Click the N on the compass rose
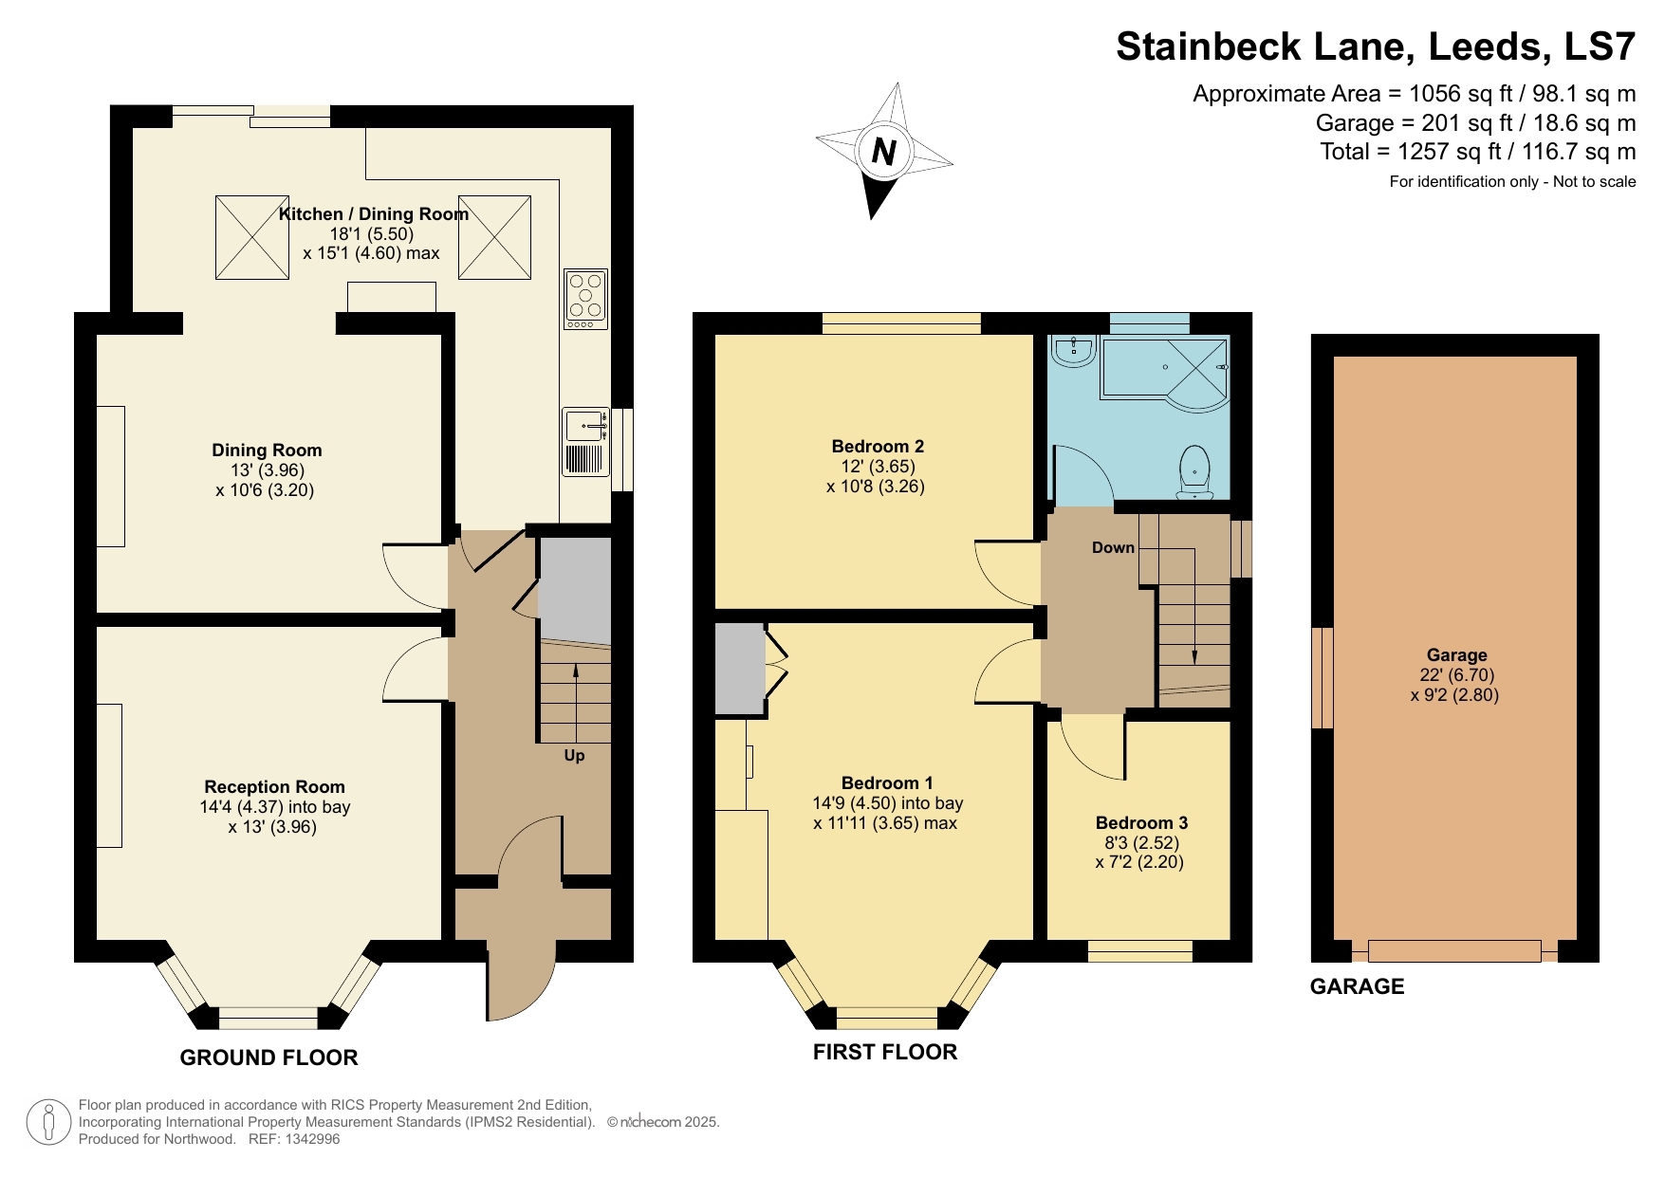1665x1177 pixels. [x=883, y=152]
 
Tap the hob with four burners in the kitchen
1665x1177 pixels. [x=585, y=299]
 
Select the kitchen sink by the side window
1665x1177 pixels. [x=585, y=426]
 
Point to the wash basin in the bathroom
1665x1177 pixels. [x=1074, y=351]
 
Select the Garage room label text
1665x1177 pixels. [x=1456, y=654]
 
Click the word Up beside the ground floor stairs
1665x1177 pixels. [x=574, y=756]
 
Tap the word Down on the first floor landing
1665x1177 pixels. [x=1113, y=547]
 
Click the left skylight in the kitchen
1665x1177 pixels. [x=252, y=237]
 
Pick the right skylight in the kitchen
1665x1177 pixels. [x=494, y=237]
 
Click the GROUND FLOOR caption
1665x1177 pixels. [x=268, y=1057]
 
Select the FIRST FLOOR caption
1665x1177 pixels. [x=885, y=1052]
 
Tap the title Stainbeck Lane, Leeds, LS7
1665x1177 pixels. [x=1375, y=46]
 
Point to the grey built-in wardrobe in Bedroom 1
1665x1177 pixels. [x=739, y=669]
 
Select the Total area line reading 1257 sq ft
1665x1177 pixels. [x=1477, y=152]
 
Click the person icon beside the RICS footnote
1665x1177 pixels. [x=47, y=1122]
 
